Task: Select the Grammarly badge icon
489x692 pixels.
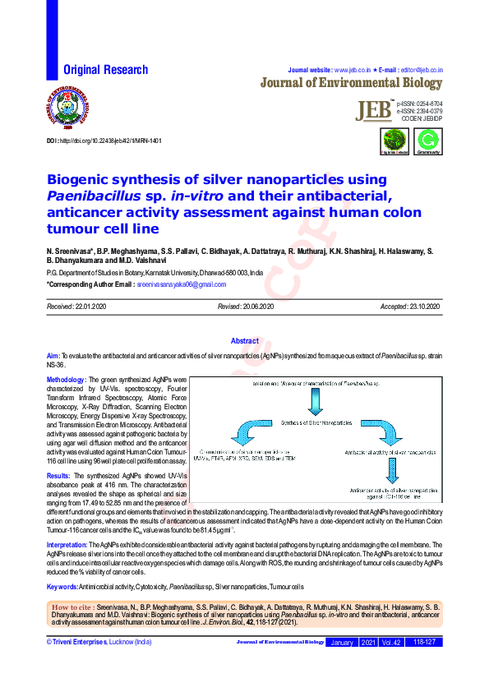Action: click(x=427, y=141)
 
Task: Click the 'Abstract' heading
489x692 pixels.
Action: click(x=244, y=341)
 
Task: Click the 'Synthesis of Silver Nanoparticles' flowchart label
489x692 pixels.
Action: click(x=316, y=423)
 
